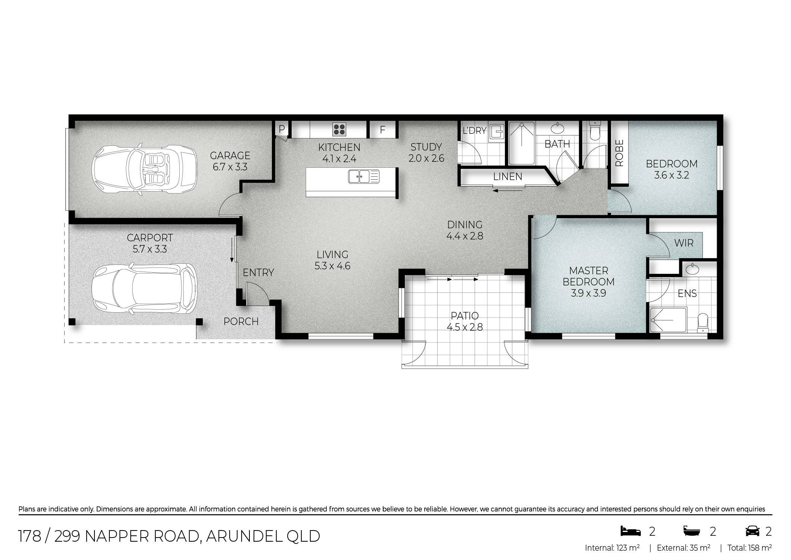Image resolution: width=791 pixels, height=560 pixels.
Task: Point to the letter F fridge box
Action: [382, 130]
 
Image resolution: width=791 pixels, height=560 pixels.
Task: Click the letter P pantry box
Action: [282, 129]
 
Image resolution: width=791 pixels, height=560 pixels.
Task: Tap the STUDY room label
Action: [426, 147]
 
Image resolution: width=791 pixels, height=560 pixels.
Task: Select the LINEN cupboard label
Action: [508, 176]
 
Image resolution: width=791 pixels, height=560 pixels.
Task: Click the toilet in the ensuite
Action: [702, 322]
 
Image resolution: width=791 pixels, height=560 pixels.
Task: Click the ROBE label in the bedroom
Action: [619, 153]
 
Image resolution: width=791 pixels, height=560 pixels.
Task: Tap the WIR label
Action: [684, 243]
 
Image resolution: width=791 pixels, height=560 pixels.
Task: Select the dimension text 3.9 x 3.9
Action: [588, 293]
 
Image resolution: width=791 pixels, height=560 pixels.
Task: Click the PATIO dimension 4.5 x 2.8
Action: [465, 327]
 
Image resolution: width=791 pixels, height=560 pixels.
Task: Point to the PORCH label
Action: [241, 321]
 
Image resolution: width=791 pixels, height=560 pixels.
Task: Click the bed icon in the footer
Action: [630, 531]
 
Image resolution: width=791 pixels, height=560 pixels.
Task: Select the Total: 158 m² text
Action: [750, 548]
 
